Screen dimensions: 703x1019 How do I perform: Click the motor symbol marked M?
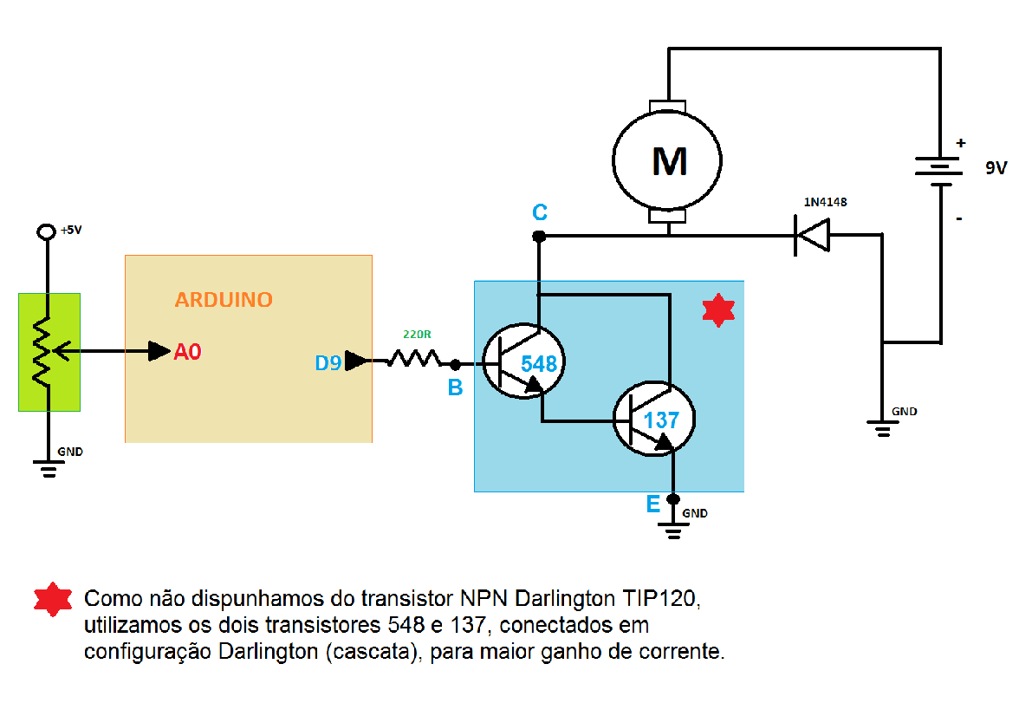667,160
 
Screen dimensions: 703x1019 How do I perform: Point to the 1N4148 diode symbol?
813,235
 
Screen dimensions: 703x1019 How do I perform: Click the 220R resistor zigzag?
413,359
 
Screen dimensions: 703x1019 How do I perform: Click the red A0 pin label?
188,352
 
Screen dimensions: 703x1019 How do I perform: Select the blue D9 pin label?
328,363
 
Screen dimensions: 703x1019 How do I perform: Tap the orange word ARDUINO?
224,300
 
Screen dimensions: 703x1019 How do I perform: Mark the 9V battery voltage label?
996,169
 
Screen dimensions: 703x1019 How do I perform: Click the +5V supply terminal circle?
47,232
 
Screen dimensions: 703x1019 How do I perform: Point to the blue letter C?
539,213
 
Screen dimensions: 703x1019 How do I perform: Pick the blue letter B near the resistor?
455,388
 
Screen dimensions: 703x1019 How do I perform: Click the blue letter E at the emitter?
652,503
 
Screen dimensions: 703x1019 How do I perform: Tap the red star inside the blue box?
717,309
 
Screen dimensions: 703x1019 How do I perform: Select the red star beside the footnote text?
53,600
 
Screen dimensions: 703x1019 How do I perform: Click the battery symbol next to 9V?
940,171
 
